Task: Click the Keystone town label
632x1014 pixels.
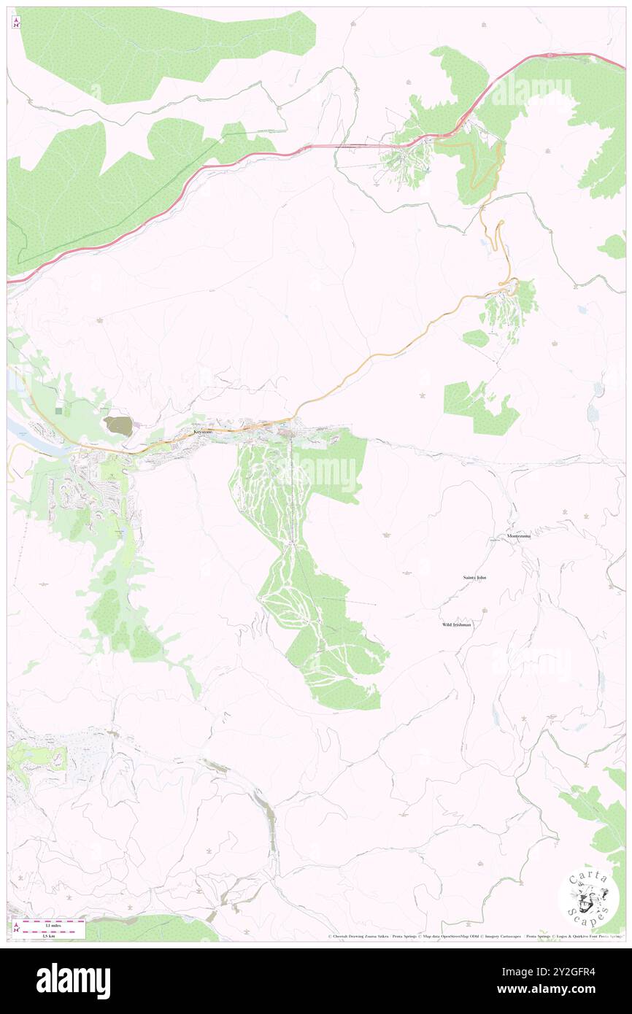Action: point(203,432)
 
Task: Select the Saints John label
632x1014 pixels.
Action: point(474,577)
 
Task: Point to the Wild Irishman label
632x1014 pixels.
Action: point(456,625)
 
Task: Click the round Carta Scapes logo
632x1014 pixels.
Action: point(588,898)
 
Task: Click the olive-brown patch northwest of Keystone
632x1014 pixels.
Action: point(118,426)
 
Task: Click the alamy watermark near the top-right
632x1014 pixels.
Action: point(531,91)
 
